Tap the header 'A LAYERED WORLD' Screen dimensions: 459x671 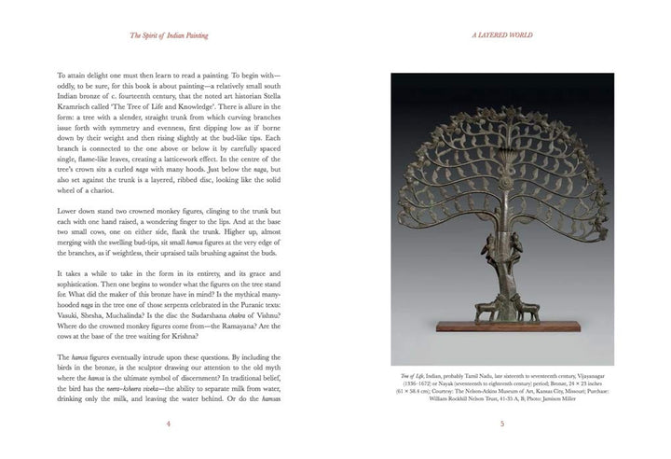coord(501,36)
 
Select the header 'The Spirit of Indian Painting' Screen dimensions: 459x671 coord(168,36)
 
